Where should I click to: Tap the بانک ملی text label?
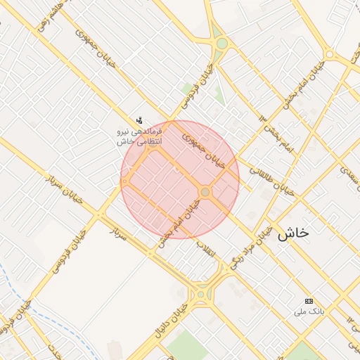(x=310, y=310)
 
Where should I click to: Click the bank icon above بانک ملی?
(x=309, y=300)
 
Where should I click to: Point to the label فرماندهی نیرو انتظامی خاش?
(x=140, y=136)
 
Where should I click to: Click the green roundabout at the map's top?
(x=222, y=44)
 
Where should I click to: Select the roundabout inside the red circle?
(x=205, y=192)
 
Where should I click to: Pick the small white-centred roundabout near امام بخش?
(x=329, y=54)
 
